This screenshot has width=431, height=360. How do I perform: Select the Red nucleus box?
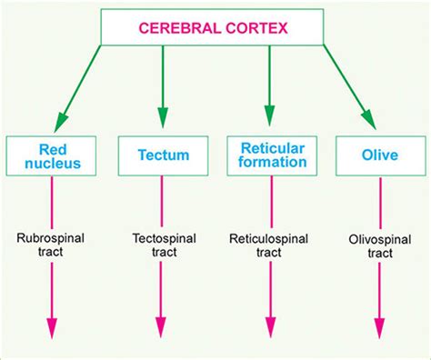[x=52, y=155]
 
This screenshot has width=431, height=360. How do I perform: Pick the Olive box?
[x=378, y=155]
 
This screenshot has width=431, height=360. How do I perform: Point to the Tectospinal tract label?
[x=161, y=247]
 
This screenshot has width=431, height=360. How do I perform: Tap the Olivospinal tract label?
[x=378, y=247]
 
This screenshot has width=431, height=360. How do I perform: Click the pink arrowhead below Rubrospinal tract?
[x=52, y=330]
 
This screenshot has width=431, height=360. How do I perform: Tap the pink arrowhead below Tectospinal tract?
[x=161, y=330]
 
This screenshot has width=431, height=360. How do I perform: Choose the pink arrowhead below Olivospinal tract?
[x=378, y=330]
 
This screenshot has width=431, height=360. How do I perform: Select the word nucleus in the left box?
[x=52, y=164]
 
